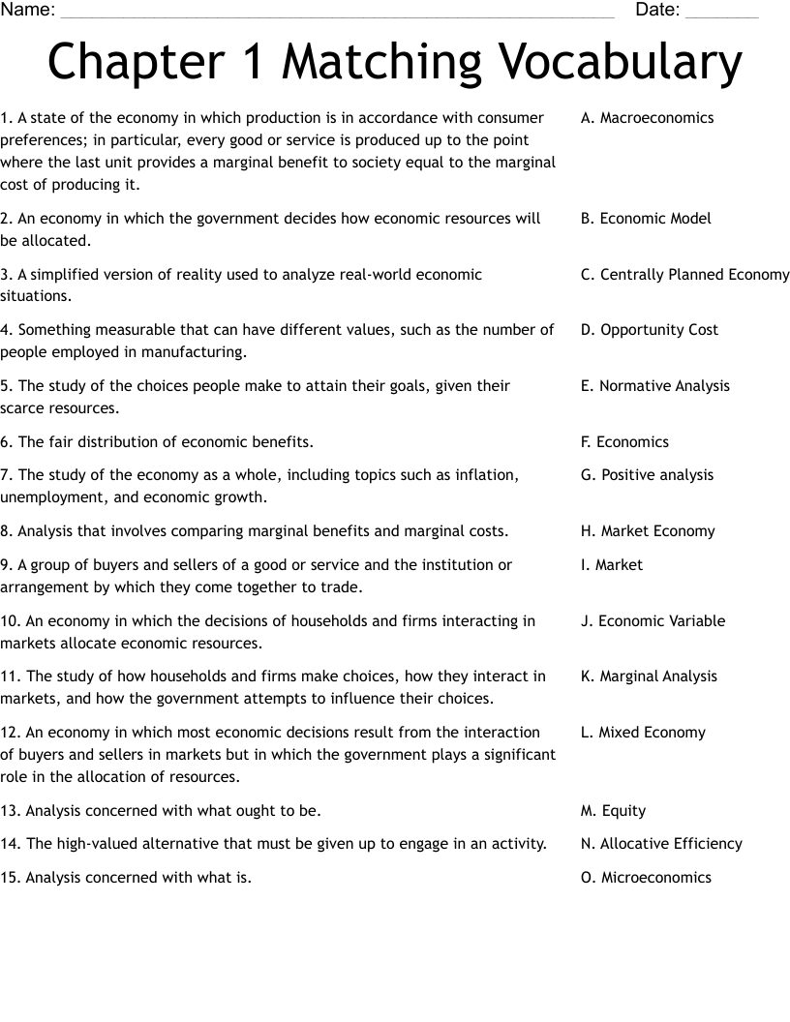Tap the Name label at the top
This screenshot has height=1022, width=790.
point(27,11)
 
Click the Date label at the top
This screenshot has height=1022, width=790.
point(657,11)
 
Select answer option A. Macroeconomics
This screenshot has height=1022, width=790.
point(647,118)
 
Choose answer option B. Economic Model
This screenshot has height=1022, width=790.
point(646,219)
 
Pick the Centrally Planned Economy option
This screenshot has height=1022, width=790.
point(684,275)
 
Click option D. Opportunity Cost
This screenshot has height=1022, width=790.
point(650,330)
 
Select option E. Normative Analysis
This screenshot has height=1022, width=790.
point(655,386)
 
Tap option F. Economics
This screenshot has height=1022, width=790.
point(624,442)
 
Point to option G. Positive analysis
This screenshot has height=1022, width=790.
point(647,475)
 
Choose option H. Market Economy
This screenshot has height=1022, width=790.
point(648,531)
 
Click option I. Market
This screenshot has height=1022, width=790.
point(612,565)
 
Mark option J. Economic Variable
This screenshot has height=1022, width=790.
point(653,621)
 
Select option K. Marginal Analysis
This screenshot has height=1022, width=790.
point(649,676)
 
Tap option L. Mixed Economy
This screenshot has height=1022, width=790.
point(643,733)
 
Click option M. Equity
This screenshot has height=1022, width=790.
point(613,811)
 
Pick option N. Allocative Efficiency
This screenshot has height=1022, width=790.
point(661,844)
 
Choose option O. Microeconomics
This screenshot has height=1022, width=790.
point(646,878)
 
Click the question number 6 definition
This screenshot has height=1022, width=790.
point(157,442)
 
